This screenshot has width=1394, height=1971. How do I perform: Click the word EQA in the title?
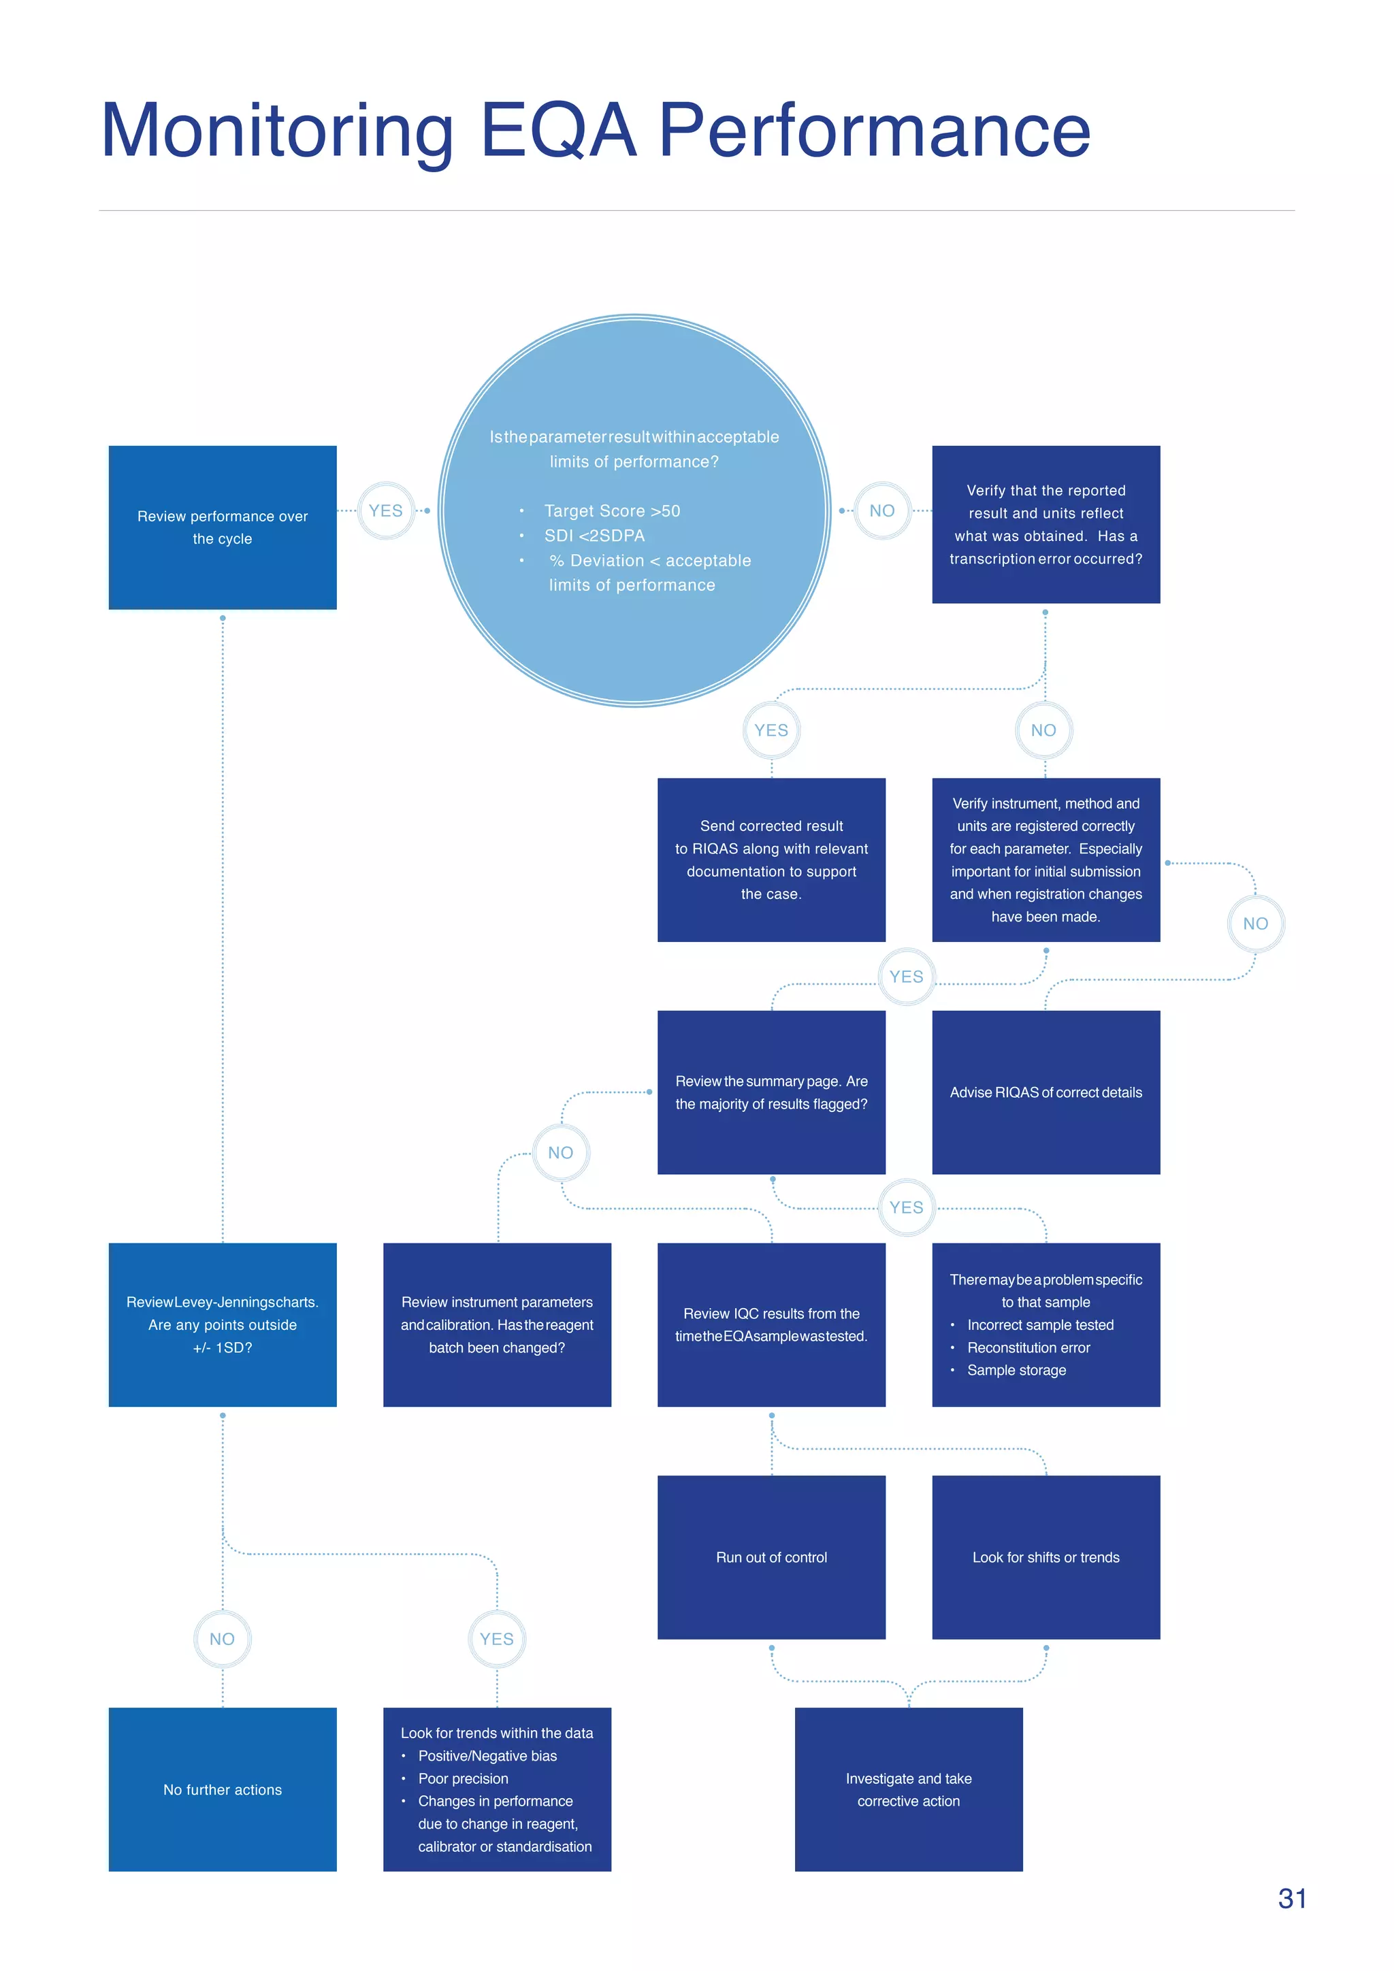559,131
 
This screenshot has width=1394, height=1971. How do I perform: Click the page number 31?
1292,1898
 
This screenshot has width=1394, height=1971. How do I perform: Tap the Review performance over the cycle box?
223,527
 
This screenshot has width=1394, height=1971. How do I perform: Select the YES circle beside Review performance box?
385,510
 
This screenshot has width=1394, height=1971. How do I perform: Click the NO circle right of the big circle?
881,510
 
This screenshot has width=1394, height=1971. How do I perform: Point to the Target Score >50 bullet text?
611,510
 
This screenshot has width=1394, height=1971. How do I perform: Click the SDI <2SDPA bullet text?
594,536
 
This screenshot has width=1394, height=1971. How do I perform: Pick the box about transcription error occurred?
1045,525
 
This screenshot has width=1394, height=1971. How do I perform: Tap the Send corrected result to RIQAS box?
771,860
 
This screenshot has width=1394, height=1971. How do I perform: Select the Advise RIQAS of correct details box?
1045,1092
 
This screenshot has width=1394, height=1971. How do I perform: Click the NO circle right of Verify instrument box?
1255,924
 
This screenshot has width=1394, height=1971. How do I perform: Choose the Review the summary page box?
771,1092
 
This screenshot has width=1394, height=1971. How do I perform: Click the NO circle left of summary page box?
560,1153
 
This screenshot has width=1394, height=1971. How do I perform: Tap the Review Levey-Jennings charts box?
223,1324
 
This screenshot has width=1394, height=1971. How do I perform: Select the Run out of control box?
771,1557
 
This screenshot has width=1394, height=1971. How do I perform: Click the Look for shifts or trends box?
1045,1557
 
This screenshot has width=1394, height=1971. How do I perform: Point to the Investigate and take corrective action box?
908,1789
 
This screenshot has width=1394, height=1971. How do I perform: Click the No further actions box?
223,1789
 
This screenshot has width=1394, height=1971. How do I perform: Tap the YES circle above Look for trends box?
496,1639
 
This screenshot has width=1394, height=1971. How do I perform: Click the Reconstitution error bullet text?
1028,1348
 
